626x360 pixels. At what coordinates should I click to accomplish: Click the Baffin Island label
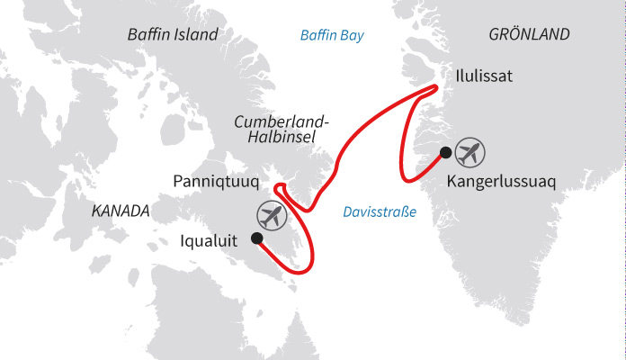click(173, 35)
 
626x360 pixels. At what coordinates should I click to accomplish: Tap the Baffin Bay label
click(336, 35)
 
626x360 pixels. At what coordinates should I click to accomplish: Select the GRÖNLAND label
click(530, 35)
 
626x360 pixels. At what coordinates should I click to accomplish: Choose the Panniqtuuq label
click(216, 182)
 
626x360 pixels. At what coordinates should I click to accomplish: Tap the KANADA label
click(120, 211)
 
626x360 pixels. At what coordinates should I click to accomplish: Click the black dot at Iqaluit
click(256, 238)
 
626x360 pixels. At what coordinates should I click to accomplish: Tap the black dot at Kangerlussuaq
click(445, 152)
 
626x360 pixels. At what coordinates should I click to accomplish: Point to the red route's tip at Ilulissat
click(436, 87)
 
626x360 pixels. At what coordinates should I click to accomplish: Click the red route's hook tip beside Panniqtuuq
click(278, 188)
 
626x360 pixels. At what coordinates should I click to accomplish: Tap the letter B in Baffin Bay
click(305, 35)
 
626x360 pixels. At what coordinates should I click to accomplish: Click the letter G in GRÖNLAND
click(495, 35)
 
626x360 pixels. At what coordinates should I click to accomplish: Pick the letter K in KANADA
click(96, 211)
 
